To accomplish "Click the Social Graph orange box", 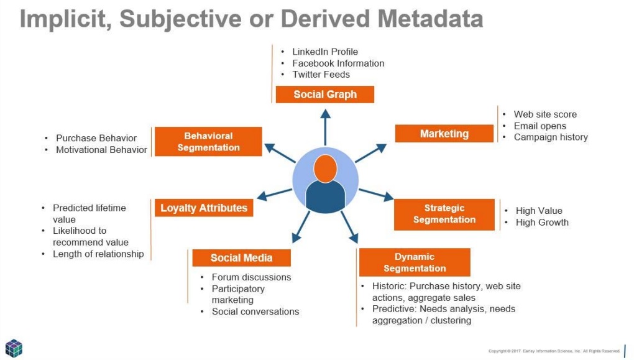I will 325,95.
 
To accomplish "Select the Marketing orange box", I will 444,134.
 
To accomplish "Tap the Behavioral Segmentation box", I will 208,142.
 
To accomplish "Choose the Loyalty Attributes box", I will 204,208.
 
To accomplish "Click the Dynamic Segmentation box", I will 414,262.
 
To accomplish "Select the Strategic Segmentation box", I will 444,214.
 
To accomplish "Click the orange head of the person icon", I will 325,168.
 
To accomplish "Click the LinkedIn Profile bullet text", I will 325,52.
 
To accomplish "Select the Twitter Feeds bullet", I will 321,75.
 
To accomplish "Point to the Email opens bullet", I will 540,126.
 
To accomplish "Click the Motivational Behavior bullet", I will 101,150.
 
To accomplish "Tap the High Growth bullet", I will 541,222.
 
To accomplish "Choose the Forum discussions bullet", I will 251,277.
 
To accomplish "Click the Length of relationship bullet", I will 98,254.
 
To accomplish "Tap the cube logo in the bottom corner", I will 14,348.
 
